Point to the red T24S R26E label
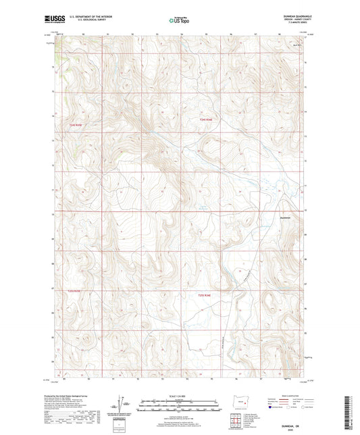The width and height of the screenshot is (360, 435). point(206,120)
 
